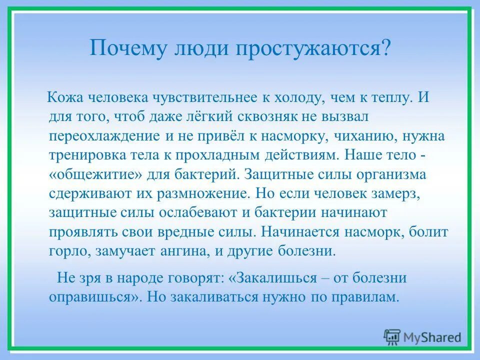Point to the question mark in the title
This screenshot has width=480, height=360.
(x=385, y=49)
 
